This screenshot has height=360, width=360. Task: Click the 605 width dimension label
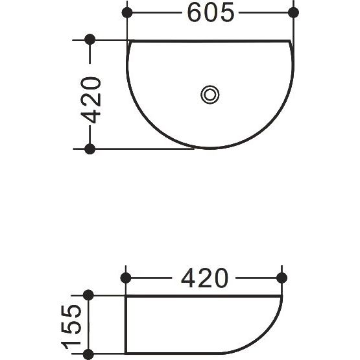[211, 12]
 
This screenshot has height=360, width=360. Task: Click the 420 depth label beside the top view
[91, 101]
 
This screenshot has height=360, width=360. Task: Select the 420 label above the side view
[204, 278]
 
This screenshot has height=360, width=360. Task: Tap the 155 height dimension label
[71, 327]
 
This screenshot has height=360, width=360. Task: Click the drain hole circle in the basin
[210, 95]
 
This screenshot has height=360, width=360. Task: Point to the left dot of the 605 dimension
[127, 12]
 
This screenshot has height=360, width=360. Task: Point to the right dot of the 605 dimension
[293, 12]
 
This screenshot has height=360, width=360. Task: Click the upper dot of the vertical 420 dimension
[90, 40]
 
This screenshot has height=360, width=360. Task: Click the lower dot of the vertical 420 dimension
[90, 149]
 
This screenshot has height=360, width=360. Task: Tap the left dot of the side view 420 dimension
[126, 278]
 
